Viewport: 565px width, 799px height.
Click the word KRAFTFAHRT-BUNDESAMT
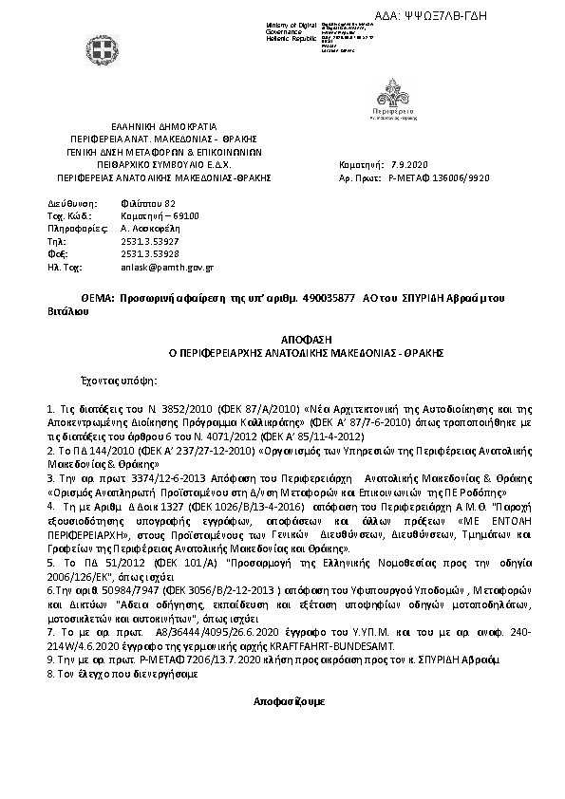[x=356, y=644]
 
